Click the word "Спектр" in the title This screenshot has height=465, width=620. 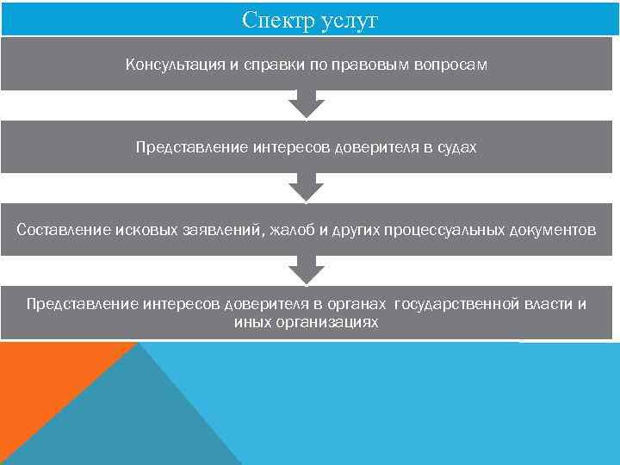point(274,20)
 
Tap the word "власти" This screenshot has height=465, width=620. point(547,304)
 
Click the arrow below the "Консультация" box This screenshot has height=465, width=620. point(306,105)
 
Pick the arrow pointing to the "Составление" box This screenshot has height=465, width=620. point(306,188)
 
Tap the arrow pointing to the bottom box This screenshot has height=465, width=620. point(306,270)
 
